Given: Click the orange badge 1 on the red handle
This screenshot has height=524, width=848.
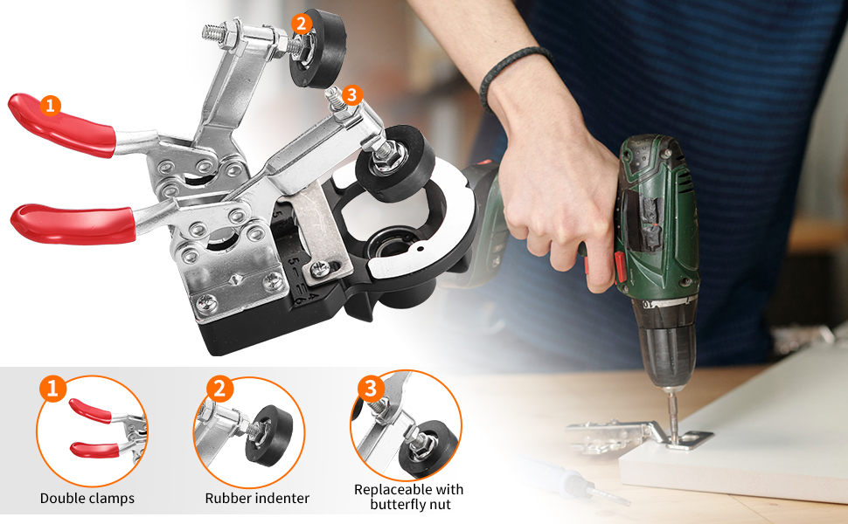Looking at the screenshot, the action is (51, 106).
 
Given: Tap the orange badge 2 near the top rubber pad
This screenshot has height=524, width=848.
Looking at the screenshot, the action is (302, 24).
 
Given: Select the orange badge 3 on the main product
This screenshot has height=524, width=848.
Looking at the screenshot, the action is (351, 95).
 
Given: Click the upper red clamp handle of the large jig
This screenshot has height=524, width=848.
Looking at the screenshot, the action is (62, 125).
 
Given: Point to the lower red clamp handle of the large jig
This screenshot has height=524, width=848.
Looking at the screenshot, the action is (73, 224).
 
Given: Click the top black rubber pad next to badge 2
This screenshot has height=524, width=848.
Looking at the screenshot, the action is (318, 50).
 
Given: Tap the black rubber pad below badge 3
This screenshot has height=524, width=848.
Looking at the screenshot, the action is (395, 163).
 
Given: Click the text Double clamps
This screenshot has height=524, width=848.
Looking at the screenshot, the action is (87, 498).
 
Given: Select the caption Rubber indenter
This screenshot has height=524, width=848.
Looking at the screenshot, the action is (257, 498).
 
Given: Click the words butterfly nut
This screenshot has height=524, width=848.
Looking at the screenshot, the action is (410, 505).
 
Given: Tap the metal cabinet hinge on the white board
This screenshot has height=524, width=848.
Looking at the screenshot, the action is (638, 435).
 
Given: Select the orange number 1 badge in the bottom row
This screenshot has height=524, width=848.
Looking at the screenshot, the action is (53, 389).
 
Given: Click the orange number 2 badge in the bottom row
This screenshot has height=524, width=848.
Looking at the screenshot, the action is (219, 389).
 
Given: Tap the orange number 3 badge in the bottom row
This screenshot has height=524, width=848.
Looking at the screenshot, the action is (371, 389).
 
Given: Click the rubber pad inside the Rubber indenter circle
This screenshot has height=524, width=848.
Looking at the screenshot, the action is (268, 435).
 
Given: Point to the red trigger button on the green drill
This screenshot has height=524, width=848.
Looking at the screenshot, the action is (621, 269).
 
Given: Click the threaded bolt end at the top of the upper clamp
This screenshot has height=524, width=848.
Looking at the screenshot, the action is (212, 32).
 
